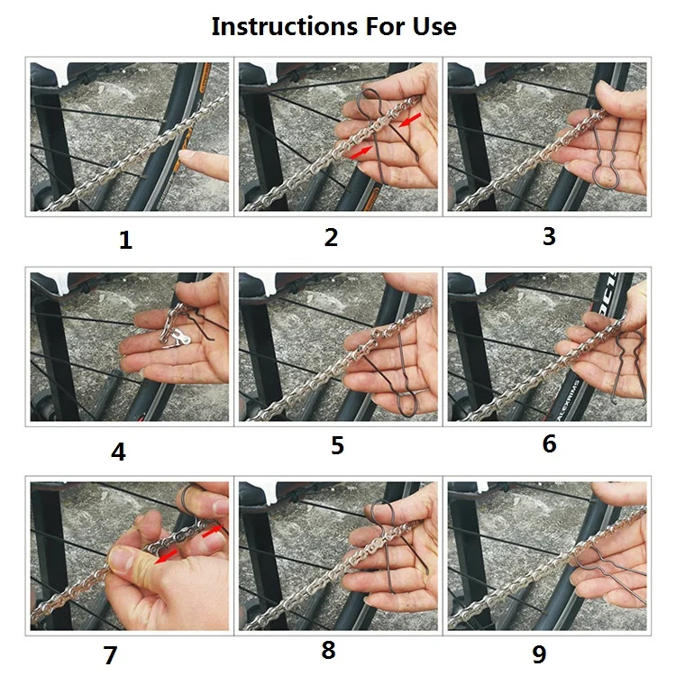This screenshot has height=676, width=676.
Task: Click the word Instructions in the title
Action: tap(285, 26)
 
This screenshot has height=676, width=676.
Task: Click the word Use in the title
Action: tap(434, 26)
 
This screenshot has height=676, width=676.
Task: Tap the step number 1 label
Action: tap(125, 240)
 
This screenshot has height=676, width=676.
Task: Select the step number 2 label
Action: tap(331, 237)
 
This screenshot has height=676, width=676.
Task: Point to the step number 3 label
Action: tap(549, 236)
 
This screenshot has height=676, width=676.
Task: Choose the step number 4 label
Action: tap(119, 452)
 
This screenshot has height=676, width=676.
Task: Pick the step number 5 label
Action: tap(338, 445)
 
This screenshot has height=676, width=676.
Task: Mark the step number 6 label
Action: tap(549, 443)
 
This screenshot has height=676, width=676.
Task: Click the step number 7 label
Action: tap(110, 655)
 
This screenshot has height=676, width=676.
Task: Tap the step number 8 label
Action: tap(328, 650)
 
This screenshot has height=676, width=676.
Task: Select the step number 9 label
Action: tap(539, 654)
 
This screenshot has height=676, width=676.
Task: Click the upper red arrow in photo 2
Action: tap(410, 120)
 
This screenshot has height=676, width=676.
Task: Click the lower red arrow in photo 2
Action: tap(361, 151)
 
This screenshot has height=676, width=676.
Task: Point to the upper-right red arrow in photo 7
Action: tap(212, 532)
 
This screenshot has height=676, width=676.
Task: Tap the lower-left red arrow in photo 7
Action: tap(167, 556)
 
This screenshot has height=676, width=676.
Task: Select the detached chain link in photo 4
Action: tap(177, 337)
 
